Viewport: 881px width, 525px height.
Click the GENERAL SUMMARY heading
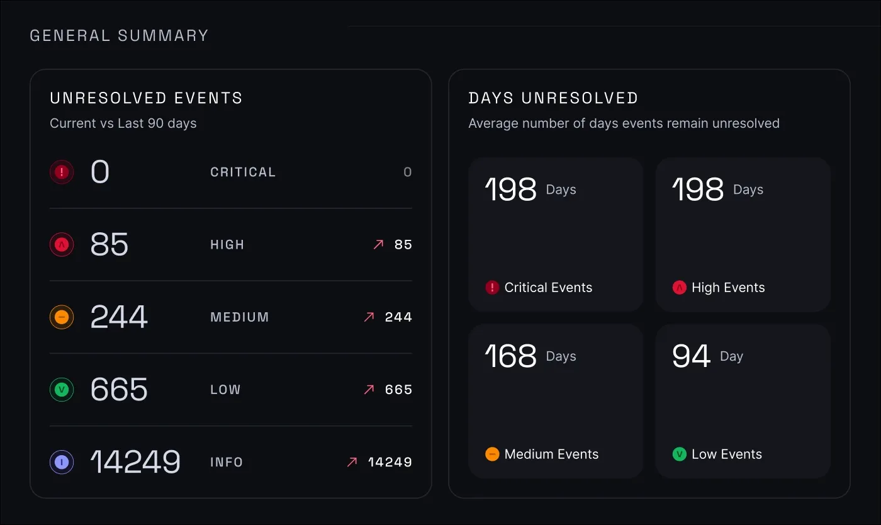[x=119, y=36]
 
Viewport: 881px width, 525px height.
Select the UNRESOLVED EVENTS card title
[x=146, y=98]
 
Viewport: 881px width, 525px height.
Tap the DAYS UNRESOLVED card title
[x=553, y=98]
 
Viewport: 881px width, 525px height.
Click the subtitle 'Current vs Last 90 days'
[x=123, y=123]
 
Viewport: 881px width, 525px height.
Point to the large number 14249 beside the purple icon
[x=135, y=462]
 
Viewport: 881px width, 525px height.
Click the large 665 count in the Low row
[x=119, y=390]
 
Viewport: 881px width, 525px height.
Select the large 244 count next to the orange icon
[x=119, y=317]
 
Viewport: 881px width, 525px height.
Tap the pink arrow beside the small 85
[x=378, y=245]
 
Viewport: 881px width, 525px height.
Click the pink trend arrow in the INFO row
[x=352, y=462]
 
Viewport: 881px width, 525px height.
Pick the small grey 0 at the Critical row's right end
[x=407, y=172]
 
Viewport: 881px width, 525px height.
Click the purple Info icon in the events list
[x=62, y=462]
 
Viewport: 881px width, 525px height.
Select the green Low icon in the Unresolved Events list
[x=62, y=390]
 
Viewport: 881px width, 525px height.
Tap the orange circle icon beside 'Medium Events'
[x=492, y=454]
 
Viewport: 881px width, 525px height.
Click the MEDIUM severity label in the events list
[x=240, y=317]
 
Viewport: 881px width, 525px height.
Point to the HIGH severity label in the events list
[x=227, y=245]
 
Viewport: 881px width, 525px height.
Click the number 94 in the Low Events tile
[x=691, y=356]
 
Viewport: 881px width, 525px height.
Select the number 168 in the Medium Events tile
[x=510, y=356]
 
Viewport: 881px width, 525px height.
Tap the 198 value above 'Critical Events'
[x=510, y=189]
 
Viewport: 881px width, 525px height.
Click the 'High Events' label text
[x=728, y=288]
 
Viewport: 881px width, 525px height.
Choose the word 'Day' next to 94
[x=731, y=356]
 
